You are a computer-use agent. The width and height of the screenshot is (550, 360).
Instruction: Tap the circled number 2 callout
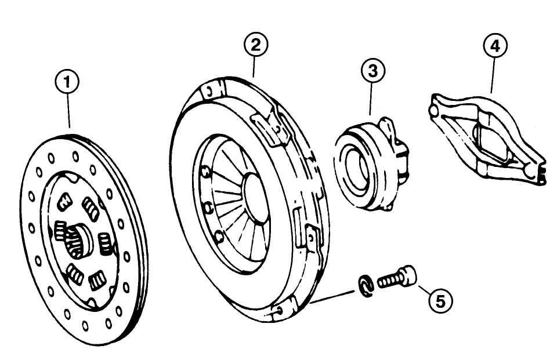coord(255,45)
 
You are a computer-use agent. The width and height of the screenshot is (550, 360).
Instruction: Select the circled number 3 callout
coord(372,71)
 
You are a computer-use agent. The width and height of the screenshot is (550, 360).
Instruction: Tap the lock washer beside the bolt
coord(364,287)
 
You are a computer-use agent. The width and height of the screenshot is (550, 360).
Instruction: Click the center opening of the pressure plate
coord(259,192)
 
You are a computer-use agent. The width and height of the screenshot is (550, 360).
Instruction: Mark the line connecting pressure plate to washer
coord(332,296)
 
